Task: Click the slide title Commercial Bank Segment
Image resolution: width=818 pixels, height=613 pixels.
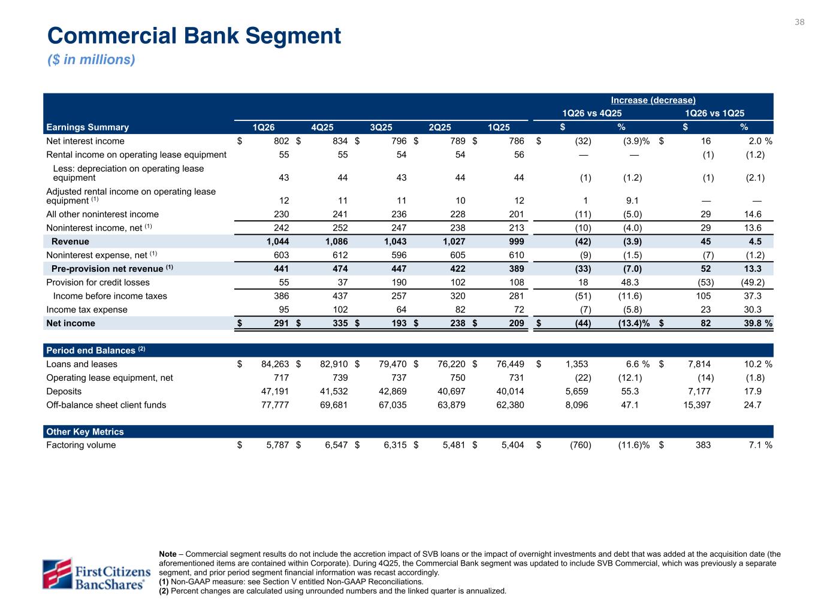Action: [194, 36]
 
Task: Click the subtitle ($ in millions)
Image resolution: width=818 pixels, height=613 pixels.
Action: [91, 60]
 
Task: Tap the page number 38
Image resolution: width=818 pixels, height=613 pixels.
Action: [799, 22]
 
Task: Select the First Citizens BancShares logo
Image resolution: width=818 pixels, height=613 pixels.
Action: [95, 573]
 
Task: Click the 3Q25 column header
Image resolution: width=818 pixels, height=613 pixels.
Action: [381, 127]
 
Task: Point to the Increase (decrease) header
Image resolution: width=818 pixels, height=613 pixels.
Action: [653, 100]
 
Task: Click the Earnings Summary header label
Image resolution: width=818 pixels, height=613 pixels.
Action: [87, 127]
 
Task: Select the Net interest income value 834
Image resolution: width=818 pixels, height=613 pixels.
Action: [339, 141]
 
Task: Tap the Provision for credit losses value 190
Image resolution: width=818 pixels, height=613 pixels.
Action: [398, 283]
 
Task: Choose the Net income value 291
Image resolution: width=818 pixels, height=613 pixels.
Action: [280, 323]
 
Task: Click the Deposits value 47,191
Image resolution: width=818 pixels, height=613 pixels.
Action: [273, 391]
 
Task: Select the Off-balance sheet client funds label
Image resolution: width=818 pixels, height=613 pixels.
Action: [106, 405]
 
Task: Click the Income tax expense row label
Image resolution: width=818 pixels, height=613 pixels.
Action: [87, 309]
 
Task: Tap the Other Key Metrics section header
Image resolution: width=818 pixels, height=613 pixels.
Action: [85, 432]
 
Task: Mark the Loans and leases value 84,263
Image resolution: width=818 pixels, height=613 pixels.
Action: [273, 364]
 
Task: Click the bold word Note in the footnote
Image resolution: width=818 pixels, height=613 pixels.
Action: [168, 554]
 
